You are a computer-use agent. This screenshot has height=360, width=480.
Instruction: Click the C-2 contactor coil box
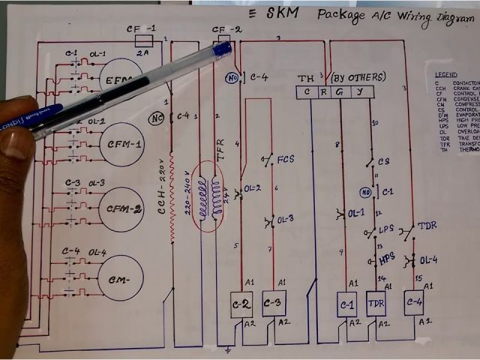[241, 304]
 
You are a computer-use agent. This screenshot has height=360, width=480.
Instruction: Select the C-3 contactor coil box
[273, 304]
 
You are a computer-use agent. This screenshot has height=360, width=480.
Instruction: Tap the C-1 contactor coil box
[347, 305]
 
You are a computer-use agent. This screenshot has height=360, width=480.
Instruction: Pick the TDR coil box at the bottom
[376, 304]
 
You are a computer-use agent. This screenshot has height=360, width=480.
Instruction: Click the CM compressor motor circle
[120, 278]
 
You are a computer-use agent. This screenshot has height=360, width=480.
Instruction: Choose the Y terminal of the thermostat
[360, 92]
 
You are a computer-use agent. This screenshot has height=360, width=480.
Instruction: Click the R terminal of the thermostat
[323, 92]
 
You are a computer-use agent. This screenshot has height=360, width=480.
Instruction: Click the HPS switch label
[387, 257]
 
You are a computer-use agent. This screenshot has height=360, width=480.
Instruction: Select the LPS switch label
[386, 229]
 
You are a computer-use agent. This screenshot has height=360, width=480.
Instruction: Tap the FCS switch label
[286, 160]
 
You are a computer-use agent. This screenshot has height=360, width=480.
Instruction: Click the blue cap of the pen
[222, 50]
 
